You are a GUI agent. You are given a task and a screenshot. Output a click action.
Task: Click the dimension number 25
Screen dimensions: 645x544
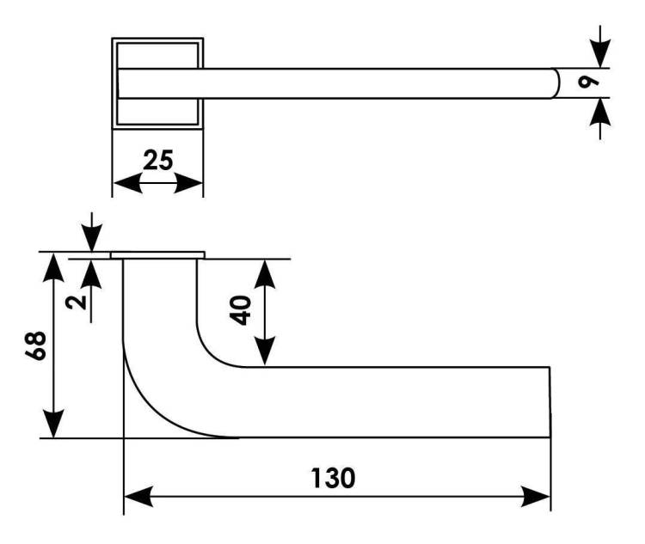coord(158,161)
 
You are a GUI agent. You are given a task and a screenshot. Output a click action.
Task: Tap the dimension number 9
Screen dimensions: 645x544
coord(588,83)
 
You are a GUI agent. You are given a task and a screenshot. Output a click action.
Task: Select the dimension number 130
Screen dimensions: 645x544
coord(333,478)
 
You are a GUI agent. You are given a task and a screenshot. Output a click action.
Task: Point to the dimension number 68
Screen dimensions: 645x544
coord(36,345)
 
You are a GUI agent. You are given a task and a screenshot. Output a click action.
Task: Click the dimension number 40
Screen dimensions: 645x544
coord(240,310)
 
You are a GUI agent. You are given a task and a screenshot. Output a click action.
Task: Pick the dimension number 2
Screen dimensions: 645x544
coord(76,303)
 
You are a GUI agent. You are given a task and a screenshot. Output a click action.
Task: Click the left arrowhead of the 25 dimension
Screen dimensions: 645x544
coord(127,182)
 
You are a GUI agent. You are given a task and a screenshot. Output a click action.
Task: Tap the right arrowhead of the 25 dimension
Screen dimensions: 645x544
coord(189,182)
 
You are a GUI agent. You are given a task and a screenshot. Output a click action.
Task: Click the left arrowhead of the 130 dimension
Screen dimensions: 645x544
coord(138,496)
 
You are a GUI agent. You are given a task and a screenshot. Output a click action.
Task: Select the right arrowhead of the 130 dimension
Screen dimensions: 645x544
coord(536,496)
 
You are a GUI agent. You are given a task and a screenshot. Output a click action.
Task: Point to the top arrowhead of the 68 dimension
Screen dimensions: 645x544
coord(53,267)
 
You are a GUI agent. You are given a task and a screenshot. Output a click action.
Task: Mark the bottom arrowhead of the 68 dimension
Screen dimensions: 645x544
coord(53,424)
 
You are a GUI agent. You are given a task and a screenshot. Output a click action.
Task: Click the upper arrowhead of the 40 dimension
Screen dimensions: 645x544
coord(265,274)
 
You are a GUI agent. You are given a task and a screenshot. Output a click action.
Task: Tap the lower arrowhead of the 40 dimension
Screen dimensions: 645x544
coord(265,351)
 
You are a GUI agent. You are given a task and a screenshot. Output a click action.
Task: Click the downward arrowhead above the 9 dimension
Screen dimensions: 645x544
coord(600,53)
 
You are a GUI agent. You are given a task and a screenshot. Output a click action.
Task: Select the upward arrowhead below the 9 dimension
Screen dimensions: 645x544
coord(600,113)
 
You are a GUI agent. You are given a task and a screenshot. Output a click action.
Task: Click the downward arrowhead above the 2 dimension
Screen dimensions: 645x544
coord(91,238)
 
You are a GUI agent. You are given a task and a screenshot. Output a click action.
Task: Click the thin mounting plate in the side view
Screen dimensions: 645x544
coord(157,255)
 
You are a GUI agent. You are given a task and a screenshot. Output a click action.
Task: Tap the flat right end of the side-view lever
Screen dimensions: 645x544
coord(550,401)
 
